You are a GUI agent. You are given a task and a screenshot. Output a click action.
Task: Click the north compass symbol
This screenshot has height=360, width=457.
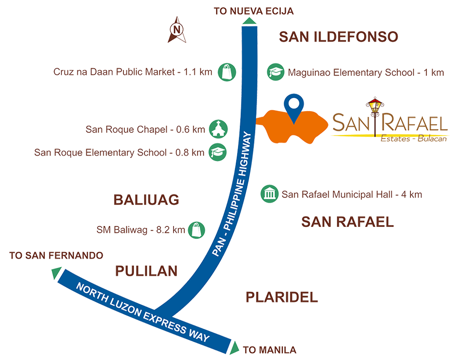point(176,30)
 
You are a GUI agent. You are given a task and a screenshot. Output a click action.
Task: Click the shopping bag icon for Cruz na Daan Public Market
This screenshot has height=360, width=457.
point(227,72)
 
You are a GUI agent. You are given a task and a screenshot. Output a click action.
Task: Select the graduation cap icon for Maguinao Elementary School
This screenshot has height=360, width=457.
point(276,72)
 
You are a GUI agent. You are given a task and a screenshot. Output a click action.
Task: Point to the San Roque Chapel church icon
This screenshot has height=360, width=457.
point(218,129)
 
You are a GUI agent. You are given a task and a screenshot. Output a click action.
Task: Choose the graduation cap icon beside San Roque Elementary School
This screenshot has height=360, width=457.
point(218,152)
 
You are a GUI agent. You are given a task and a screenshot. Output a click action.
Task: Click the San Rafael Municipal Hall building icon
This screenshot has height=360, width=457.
point(269,193)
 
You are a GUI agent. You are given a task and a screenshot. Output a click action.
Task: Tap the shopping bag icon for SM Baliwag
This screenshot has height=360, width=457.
point(197,230)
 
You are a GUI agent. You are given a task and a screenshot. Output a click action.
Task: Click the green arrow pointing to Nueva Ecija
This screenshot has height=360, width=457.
point(249,21)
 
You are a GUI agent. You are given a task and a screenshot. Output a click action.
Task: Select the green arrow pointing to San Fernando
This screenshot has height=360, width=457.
point(56,273)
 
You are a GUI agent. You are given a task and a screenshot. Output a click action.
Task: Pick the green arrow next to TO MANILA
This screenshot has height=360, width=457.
point(234,348)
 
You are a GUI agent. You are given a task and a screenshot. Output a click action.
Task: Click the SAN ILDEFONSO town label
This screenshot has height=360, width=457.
point(338,37)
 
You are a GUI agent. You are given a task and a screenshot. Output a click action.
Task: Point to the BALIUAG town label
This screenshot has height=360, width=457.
point(146,200)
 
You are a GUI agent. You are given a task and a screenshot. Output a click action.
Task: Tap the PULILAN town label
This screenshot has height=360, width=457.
point(146,271)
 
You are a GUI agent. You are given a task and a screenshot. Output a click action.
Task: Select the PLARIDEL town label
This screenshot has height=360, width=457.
point(282,297)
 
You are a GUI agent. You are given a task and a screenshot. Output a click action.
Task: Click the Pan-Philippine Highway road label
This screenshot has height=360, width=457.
point(232,193)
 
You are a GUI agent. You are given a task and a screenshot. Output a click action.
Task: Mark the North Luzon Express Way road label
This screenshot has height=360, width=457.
point(143,312)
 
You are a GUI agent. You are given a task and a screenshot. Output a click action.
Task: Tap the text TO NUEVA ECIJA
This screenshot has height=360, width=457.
point(254,11)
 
